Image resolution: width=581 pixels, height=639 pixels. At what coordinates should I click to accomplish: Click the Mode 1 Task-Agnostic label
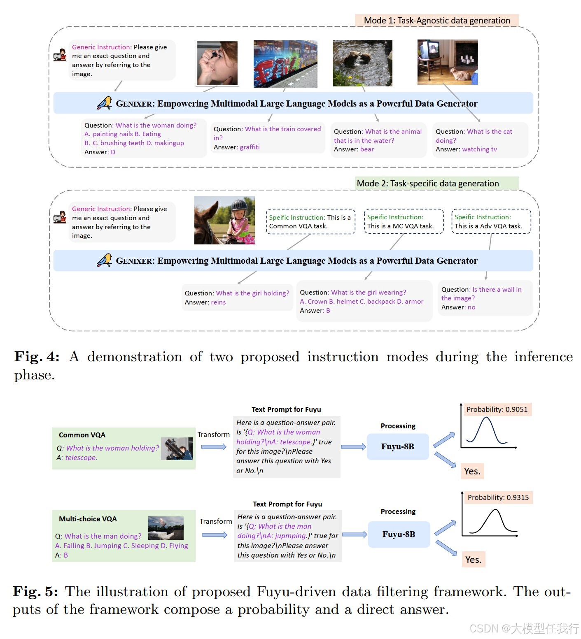[x=436, y=21]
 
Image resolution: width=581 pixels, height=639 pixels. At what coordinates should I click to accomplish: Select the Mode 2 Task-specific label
[x=436, y=184]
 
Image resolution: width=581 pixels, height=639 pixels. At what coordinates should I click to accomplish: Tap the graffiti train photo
[x=285, y=63]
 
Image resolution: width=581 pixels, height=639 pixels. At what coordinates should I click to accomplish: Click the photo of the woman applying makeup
[x=217, y=63]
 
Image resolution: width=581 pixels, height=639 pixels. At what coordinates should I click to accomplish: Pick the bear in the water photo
[x=362, y=63]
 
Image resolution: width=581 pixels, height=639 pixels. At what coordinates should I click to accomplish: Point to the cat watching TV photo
[x=448, y=62]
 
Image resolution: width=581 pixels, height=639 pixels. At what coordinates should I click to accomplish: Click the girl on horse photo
[x=224, y=220]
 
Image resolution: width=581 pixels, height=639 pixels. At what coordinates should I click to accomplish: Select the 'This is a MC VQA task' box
[x=404, y=221]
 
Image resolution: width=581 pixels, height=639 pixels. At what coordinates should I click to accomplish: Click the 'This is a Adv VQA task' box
[x=491, y=221]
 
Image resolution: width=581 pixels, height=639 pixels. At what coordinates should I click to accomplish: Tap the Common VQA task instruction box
[x=310, y=222]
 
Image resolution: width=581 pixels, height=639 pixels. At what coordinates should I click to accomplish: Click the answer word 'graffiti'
[x=250, y=147]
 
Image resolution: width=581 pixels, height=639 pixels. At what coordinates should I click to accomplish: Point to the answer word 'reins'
[x=218, y=302]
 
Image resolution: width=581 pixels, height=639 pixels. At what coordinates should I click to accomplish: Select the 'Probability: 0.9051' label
[x=497, y=409]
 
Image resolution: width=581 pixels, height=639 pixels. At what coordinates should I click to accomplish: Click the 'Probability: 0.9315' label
[x=498, y=497]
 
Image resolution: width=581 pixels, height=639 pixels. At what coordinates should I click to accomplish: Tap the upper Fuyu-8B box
[x=397, y=446]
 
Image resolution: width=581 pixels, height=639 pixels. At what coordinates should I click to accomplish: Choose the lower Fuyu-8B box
[x=399, y=534]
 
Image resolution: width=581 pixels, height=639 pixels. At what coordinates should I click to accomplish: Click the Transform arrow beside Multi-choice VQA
[x=215, y=534]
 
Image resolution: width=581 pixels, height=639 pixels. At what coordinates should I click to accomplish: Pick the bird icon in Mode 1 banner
[x=105, y=103]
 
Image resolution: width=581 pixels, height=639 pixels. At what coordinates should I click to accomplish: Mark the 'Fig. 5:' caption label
[x=35, y=591]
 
